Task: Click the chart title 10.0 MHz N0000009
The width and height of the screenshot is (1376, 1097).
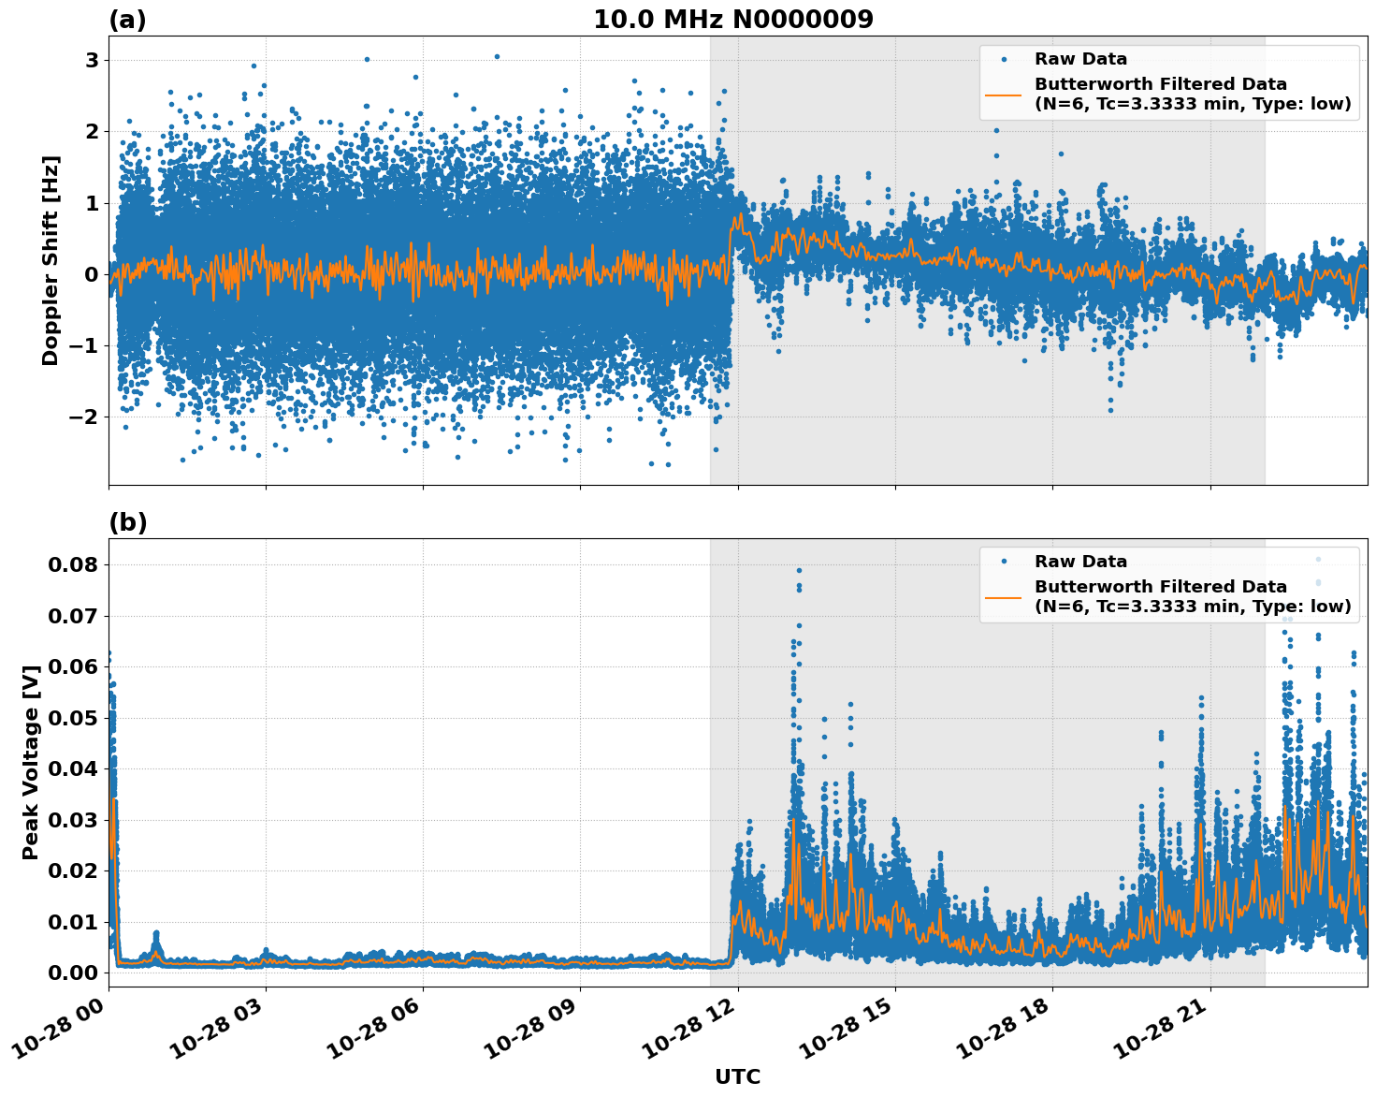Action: [x=732, y=19]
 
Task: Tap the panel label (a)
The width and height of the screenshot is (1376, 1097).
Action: [x=127, y=20]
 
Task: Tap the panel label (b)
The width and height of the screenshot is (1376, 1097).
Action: [x=127, y=522]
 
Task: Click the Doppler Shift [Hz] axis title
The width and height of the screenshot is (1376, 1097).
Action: [x=51, y=260]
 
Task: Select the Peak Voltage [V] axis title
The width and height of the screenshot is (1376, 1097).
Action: [x=31, y=762]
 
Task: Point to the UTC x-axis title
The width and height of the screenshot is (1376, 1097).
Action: [x=737, y=1076]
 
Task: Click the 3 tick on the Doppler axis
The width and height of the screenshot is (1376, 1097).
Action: [x=92, y=61]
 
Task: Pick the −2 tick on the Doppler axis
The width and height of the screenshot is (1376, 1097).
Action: [x=84, y=417]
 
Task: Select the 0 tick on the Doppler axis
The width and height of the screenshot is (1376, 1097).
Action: [x=92, y=274]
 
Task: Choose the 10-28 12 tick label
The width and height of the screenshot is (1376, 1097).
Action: [x=690, y=1031]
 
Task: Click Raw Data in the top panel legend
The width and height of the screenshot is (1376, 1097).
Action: [x=1080, y=59]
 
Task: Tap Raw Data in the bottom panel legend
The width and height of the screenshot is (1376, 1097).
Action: [x=1080, y=562]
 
